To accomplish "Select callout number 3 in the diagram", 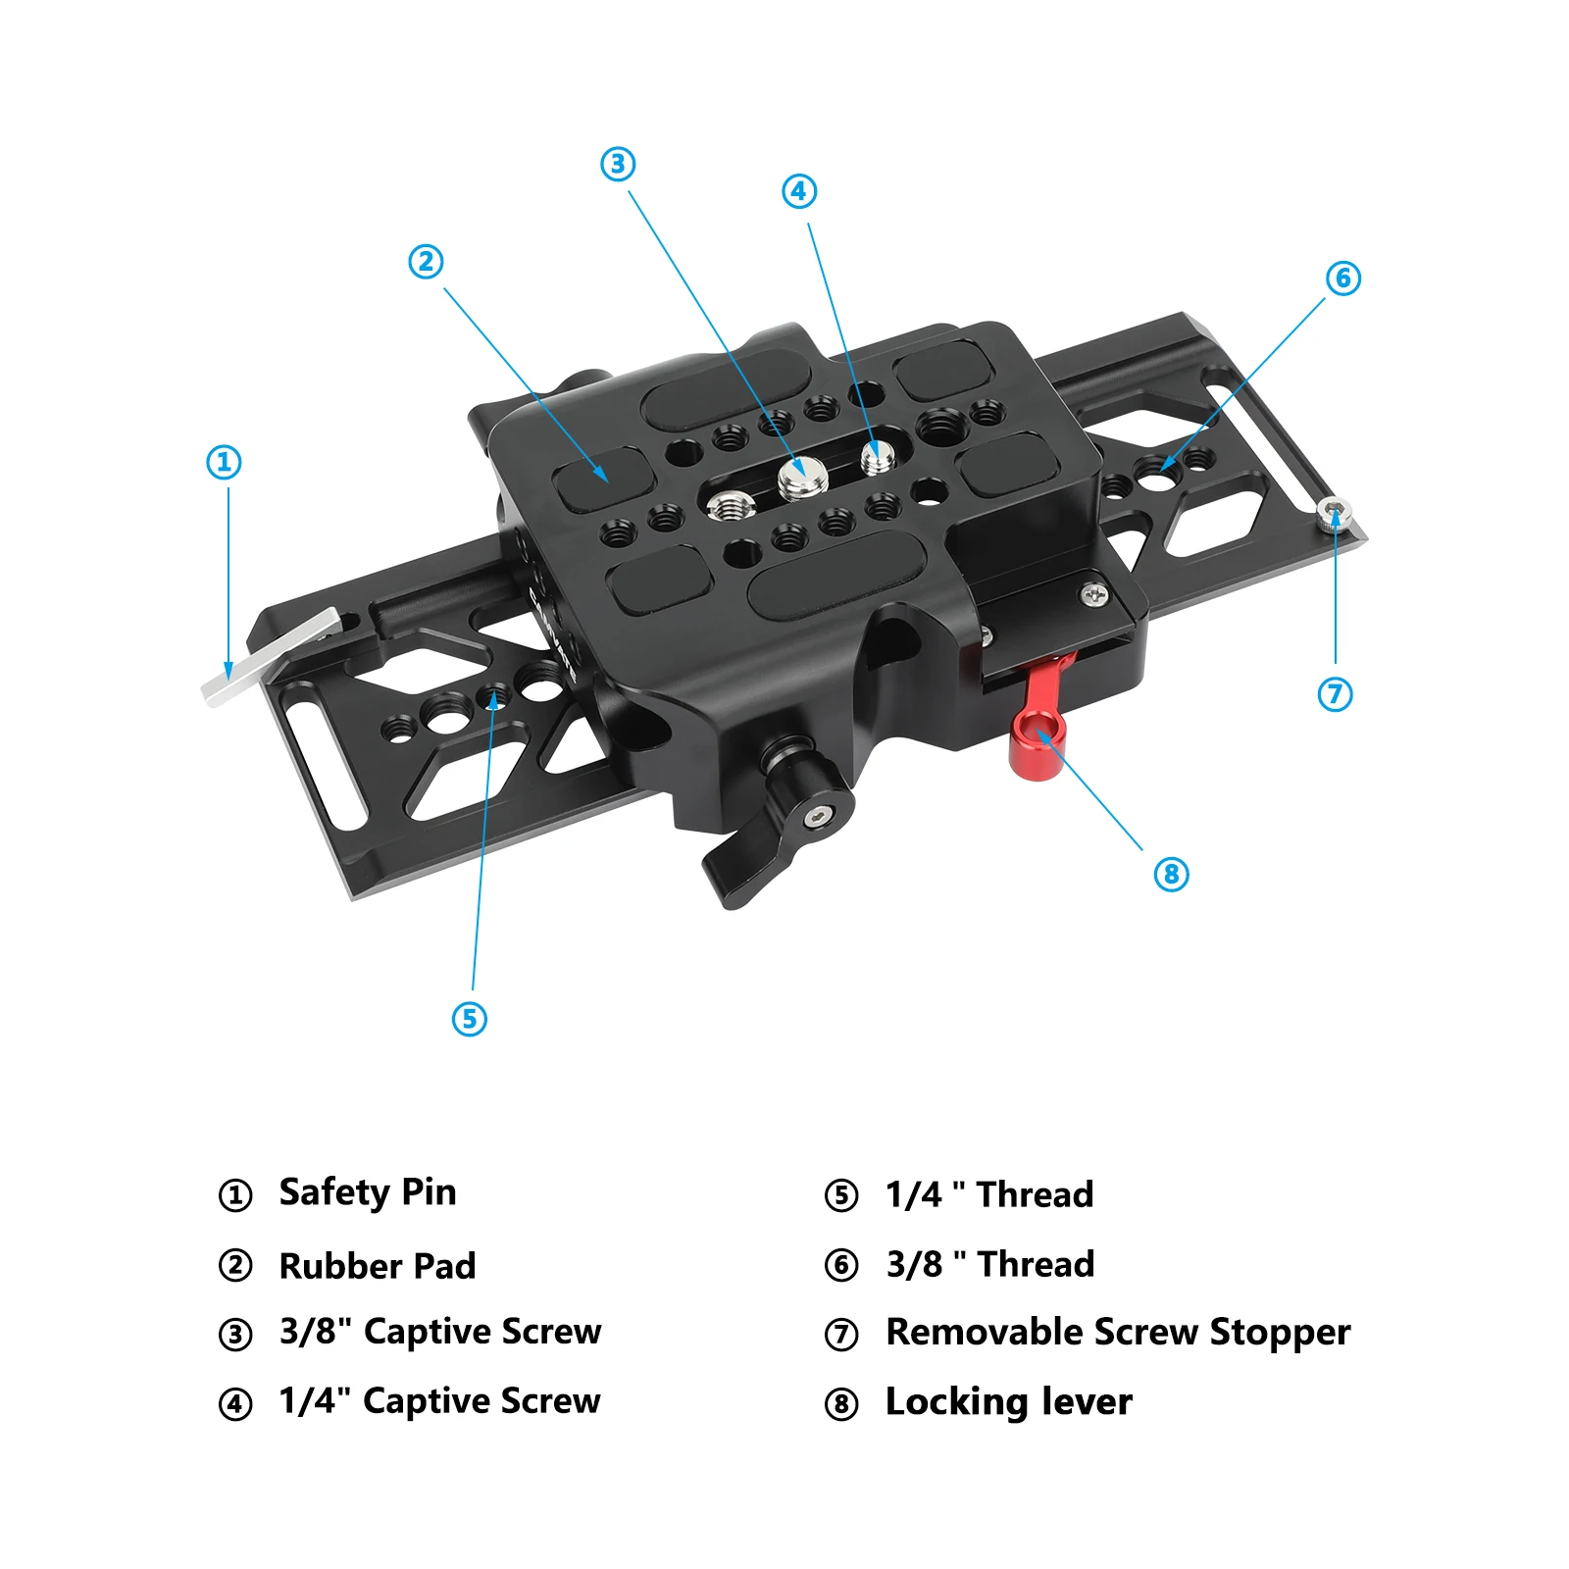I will (x=618, y=164).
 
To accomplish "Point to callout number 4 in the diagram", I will (x=799, y=191).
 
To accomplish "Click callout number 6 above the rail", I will (x=1342, y=278).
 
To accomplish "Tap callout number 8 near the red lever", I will (x=1171, y=874).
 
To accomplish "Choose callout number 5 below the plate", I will (x=469, y=1019).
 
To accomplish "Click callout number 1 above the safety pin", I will (x=224, y=462).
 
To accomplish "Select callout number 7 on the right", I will (x=1335, y=694).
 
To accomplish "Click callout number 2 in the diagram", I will (x=426, y=262).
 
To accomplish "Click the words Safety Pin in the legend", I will (x=368, y=1193).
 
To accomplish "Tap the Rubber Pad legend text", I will (x=378, y=1266).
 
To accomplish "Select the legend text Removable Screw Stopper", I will (x=1118, y=1333).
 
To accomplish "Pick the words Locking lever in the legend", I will (x=1008, y=1402).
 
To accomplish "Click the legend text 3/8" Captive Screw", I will (x=440, y=1333).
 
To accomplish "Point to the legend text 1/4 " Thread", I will (x=989, y=1194).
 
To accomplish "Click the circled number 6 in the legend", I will (x=841, y=1266).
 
